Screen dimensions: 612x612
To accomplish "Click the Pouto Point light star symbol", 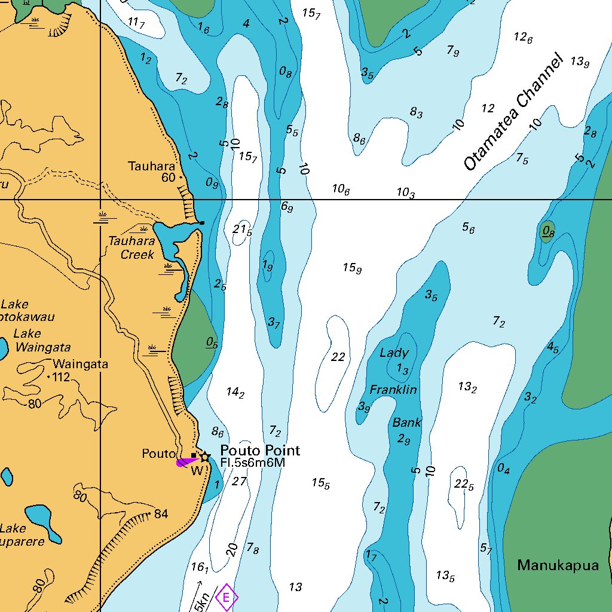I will pyautogui.click(x=205, y=457).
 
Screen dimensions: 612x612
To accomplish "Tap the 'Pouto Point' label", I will pyautogui.click(x=260, y=450).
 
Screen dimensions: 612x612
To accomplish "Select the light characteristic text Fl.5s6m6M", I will pyautogui.click(x=252, y=463).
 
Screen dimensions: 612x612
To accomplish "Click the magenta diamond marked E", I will pyautogui.click(x=226, y=597).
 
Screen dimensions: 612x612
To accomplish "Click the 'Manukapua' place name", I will pyautogui.click(x=558, y=565).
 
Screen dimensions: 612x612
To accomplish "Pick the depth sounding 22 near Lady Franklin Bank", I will pyautogui.click(x=338, y=357).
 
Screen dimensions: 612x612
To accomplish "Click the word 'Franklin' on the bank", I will pyautogui.click(x=393, y=390).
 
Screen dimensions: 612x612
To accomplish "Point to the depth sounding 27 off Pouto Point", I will pyautogui.click(x=239, y=481).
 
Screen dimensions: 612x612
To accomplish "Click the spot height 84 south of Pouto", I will pyautogui.click(x=161, y=514).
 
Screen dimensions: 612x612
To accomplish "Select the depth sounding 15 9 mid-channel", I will pyautogui.click(x=352, y=268).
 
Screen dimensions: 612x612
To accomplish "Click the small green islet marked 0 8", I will pyautogui.click(x=547, y=231).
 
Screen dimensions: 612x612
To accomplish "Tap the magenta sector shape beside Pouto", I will pyautogui.click(x=186, y=461).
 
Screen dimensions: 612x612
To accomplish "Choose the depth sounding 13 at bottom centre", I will pyautogui.click(x=295, y=587).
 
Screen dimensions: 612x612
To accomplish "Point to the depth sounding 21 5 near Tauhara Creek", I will pyautogui.click(x=242, y=230).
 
